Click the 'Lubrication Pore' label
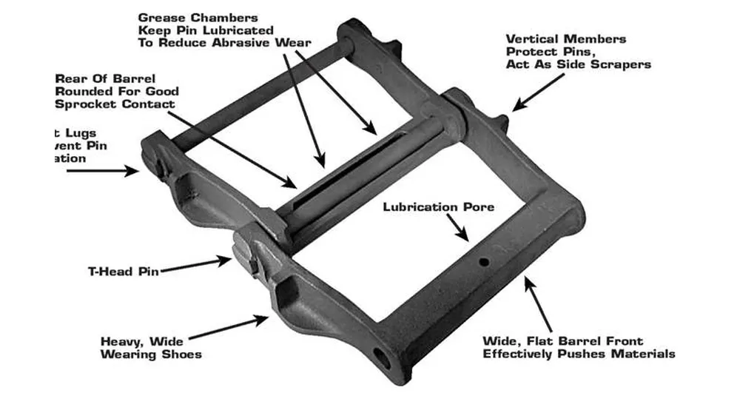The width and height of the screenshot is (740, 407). (x=438, y=206)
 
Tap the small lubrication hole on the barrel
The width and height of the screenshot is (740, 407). (x=482, y=262)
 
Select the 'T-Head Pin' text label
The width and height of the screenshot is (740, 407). (x=122, y=271)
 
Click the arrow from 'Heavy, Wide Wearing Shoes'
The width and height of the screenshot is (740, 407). (x=237, y=326)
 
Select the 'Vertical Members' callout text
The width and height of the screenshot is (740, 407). (x=566, y=39)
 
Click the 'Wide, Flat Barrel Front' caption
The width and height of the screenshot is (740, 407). (x=563, y=341)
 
